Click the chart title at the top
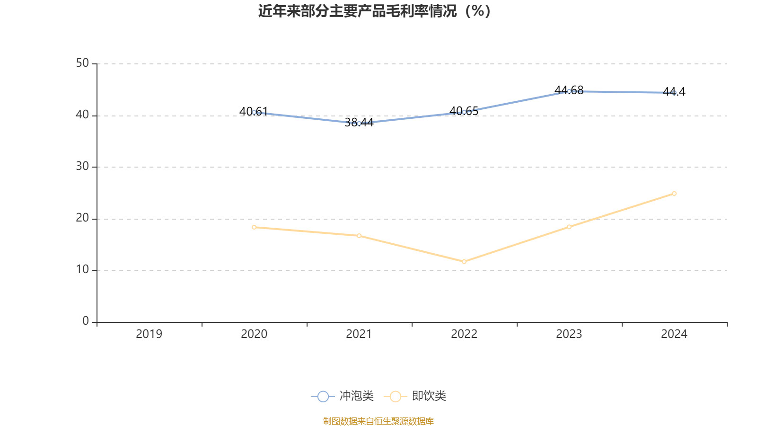(374, 11)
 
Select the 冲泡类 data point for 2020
(254, 112)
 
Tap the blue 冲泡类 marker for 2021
(359, 124)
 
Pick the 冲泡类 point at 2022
(464, 112)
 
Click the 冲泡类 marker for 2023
(569, 91)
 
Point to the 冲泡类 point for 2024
(674, 93)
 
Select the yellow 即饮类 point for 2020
(254, 227)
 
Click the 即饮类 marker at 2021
(359, 236)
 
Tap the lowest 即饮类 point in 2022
(464, 261)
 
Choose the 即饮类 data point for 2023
(569, 227)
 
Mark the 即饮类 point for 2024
(674, 193)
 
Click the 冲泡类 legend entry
(343, 396)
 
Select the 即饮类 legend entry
(415, 396)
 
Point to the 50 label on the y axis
(82, 63)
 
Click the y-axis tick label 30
(82, 167)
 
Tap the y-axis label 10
(82, 270)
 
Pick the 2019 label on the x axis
(149, 334)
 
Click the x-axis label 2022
(464, 334)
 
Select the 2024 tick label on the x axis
(674, 334)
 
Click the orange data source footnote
(378, 421)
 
